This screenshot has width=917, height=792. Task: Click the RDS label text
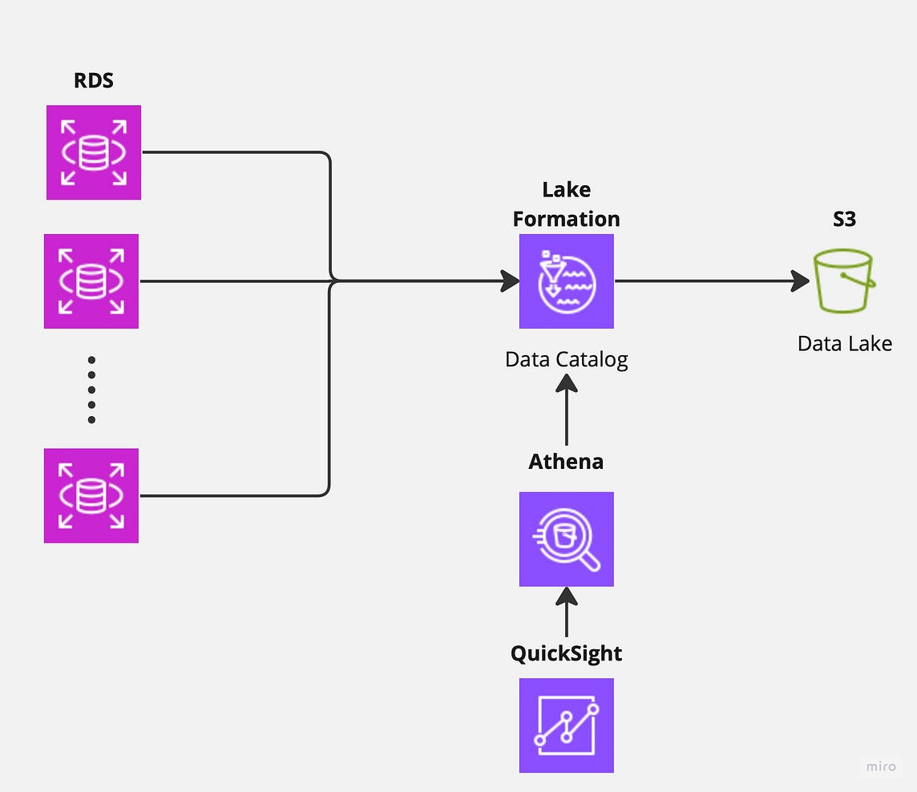(x=93, y=81)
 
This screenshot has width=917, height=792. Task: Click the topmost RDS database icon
(x=94, y=152)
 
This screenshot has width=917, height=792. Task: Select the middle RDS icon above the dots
(x=91, y=281)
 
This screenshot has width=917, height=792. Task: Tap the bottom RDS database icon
(x=91, y=495)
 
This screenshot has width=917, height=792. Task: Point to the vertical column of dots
(x=91, y=390)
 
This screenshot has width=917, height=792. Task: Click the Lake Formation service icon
(x=566, y=281)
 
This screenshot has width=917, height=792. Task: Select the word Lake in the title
(x=566, y=190)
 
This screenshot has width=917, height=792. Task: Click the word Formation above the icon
(x=566, y=219)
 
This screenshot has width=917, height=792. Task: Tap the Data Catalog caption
(x=566, y=359)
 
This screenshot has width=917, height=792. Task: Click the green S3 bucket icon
(x=843, y=281)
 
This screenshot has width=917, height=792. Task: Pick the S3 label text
(x=844, y=219)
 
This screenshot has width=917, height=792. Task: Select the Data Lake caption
(x=844, y=344)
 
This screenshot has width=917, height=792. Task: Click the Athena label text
(x=566, y=462)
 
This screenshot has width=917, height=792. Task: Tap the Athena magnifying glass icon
(x=566, y=539)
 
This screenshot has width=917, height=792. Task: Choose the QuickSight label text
(x=566, y=653)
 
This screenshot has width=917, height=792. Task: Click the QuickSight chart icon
(x=566, y=725)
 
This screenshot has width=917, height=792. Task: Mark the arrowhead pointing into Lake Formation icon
(x=510, y=281)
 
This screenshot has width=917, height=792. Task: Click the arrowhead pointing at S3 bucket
(x=800, y=281)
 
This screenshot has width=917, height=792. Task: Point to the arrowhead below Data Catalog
(x=566, y=384)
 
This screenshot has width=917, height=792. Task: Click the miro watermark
(x=881, y=766)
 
